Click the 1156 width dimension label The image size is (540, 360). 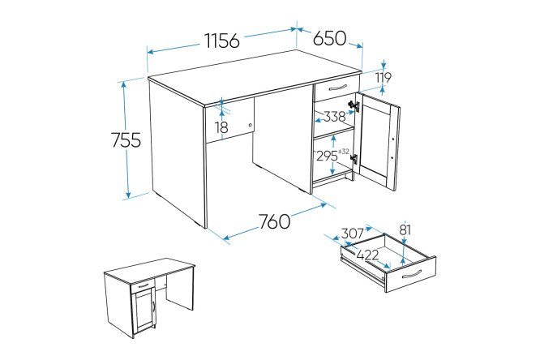click(x=222, y=41)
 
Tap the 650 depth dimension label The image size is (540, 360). click(x=329, y=38)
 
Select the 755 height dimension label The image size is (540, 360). click(x=126, y=140)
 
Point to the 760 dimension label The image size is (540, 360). click(x=275, y=221)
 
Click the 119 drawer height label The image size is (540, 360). click(x=383, y=78)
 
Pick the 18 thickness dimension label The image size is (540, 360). click(x=222, y=127)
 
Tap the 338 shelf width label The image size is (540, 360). click(x=334, y=117)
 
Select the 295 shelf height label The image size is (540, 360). click(x=328, y=156)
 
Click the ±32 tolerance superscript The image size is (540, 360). click(x=344, y=152)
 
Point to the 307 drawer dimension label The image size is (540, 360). click(x=353, y=234)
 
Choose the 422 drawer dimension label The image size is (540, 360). click(x=367, y=255)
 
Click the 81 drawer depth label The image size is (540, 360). click(x=405, y=229)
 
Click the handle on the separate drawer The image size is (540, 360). click(x=411, y=273)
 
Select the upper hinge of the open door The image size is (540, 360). click(x=354, y=105)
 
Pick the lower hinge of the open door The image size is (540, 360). click(x=354, y=159)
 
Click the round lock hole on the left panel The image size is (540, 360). click(x=251, y=125)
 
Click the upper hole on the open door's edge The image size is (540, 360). click(x=392, y=139)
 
